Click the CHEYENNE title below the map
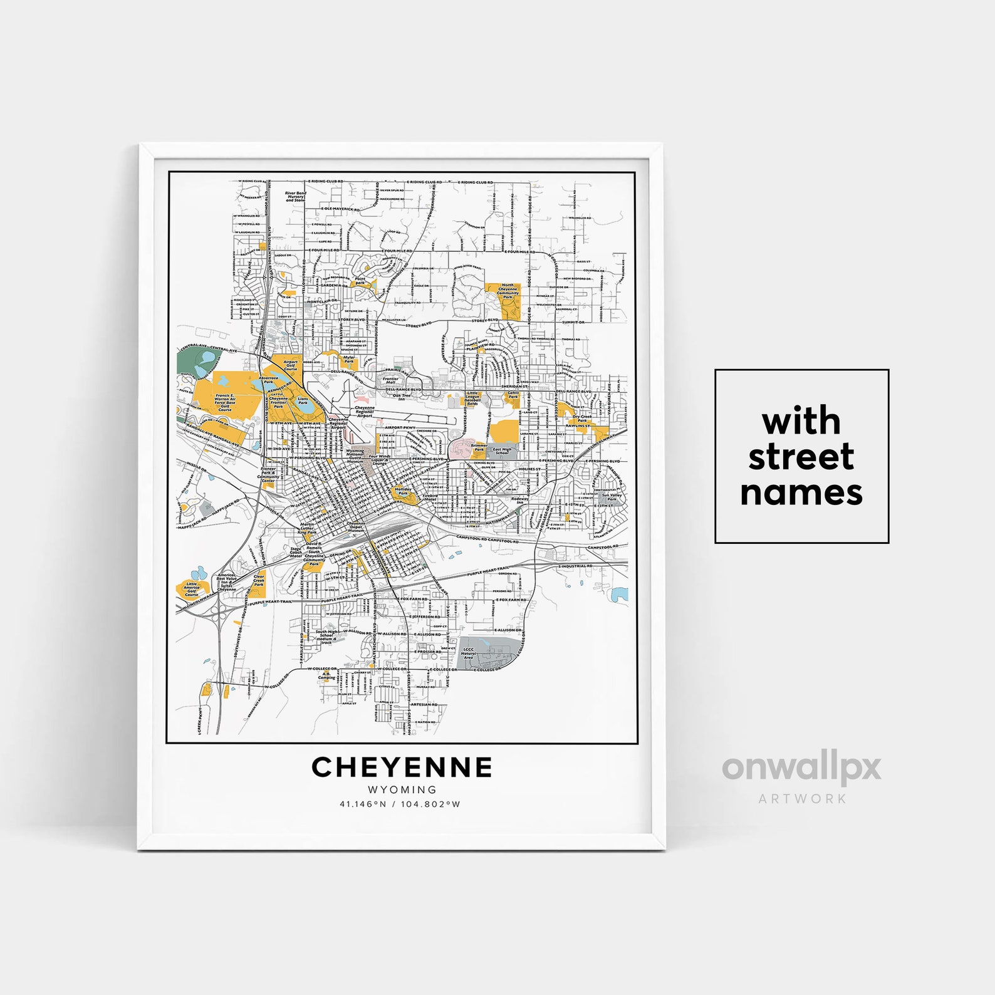(x=402, y=767)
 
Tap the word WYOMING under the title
(x=402, y=789)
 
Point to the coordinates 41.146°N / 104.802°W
(x=400, y=804)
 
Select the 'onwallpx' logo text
(x=801, y=768)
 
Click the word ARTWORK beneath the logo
(x=802, y=799)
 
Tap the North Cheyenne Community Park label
(x=508, y=291)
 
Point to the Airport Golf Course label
(x=290, y=365)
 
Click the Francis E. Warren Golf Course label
(x=225, y=402)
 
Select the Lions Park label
(x=303, y=400)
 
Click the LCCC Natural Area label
(x=469, y=654)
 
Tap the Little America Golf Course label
(x=192, y=589)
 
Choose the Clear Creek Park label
(x=259, y=580)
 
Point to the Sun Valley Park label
(x=612, y=497)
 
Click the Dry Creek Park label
(x=582, y=418)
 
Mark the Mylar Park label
(x=349, y=360)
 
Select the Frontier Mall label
(x=390, y=380)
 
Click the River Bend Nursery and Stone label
(x=295, y=197)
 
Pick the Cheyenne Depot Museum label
(x=355, y=527)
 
